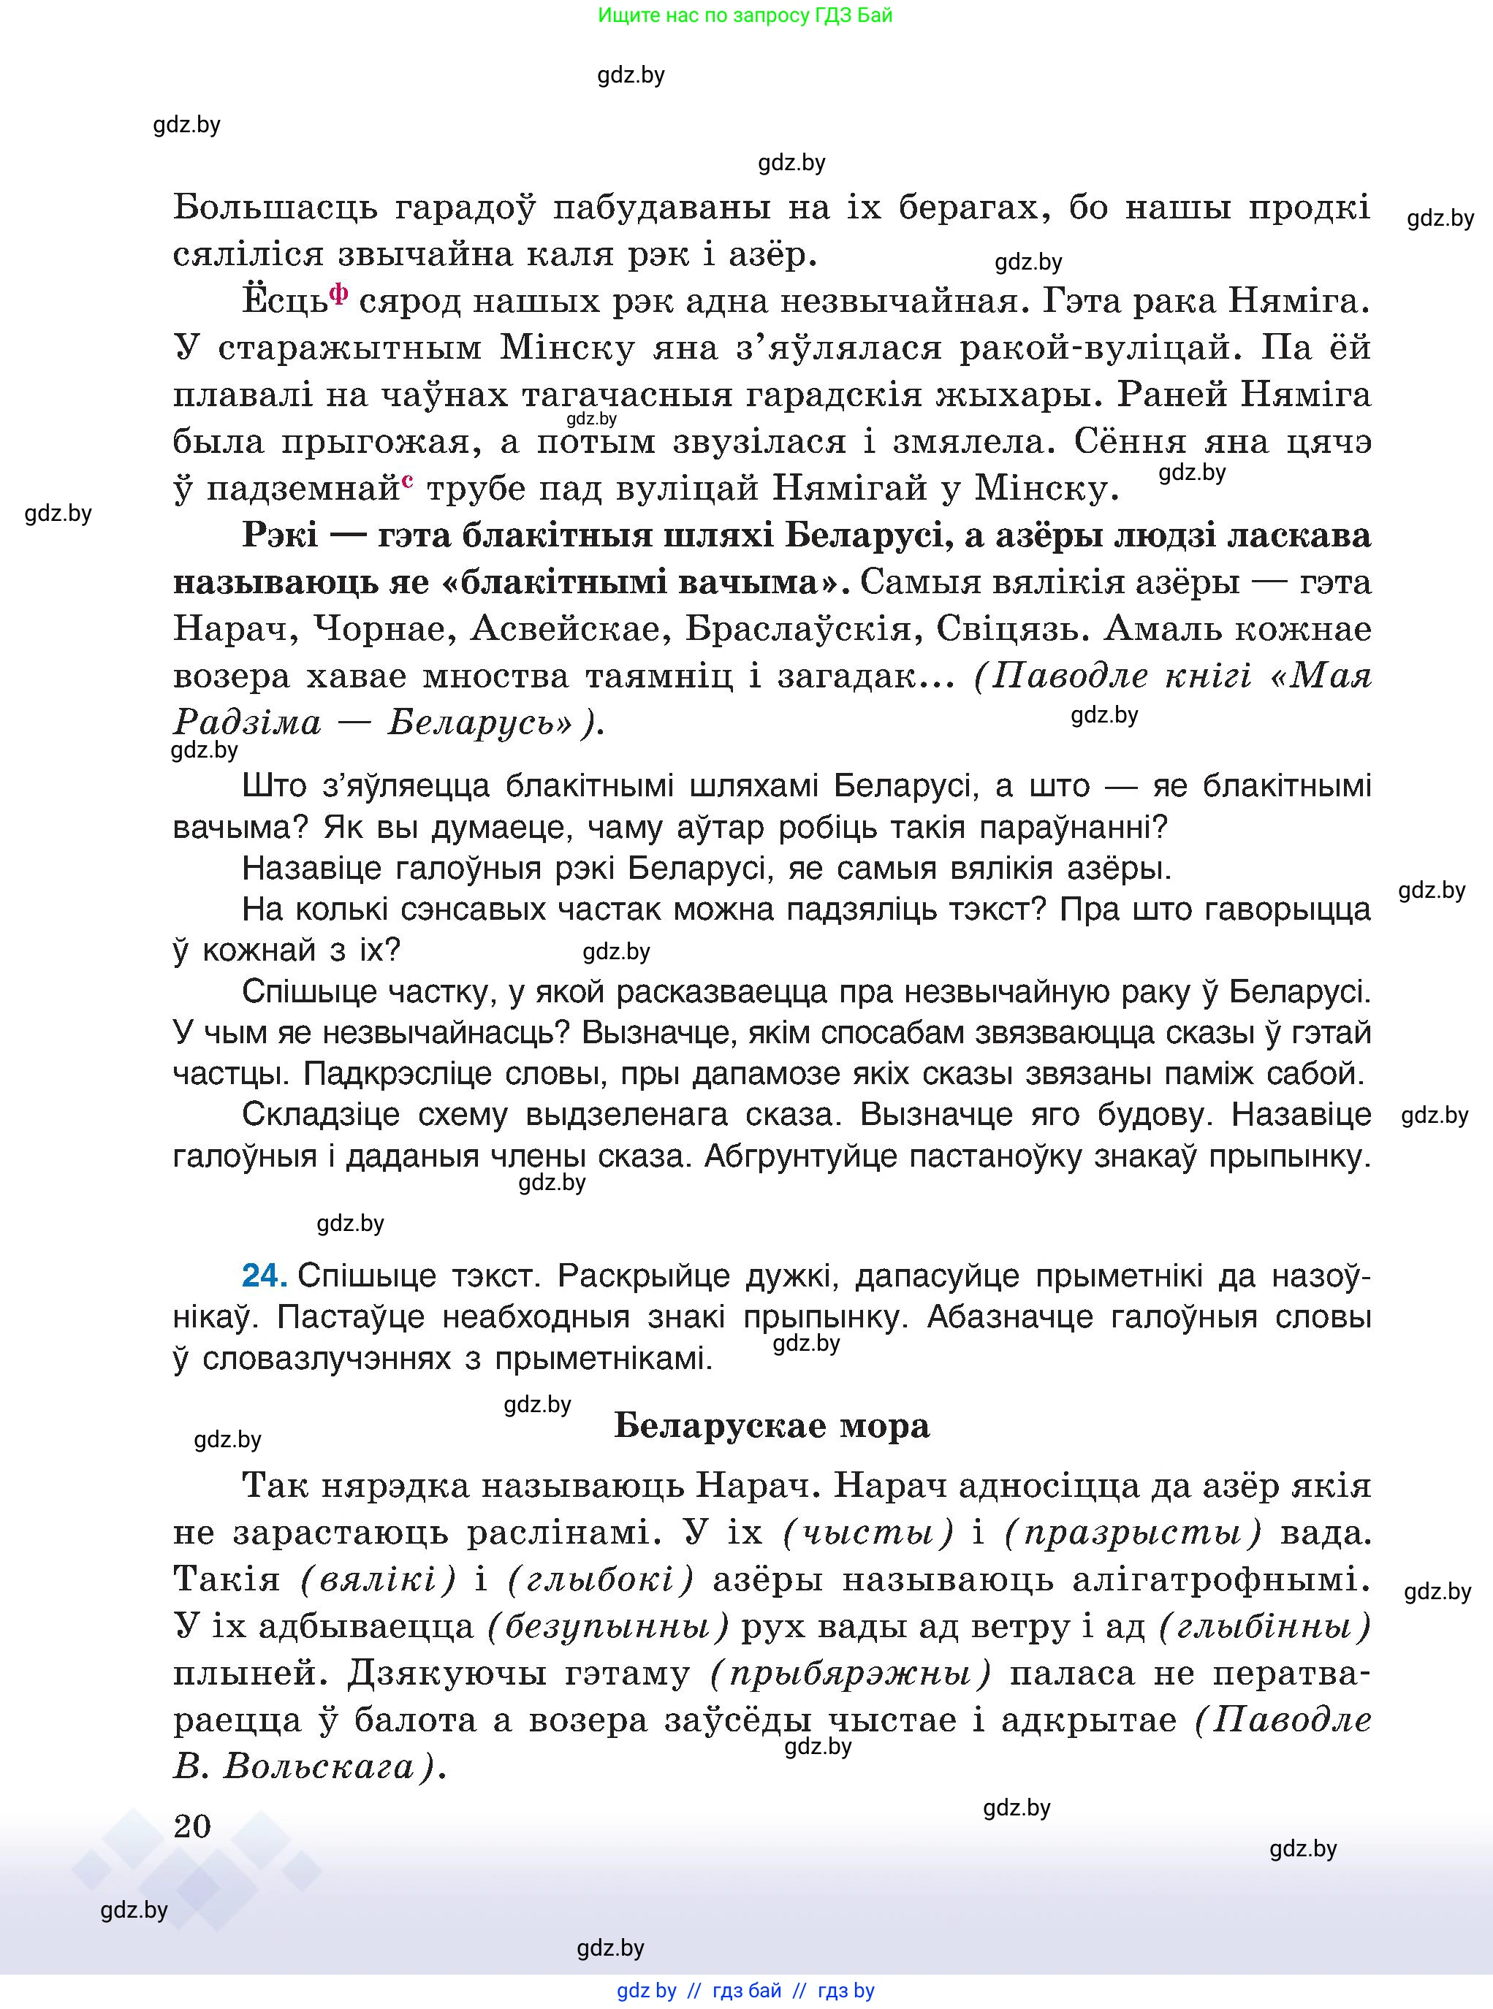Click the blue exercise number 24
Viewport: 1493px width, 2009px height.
[x=264, y=1276]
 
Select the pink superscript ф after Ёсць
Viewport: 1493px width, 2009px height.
[x=339, y=294]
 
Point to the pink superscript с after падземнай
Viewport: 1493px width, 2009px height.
[x=408, y=481]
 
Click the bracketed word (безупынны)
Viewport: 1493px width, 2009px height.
[x=607, y=1627]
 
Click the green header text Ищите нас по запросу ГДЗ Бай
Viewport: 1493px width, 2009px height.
[x=745, y=15]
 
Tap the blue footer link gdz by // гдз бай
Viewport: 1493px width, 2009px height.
[x=699, y=1991]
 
